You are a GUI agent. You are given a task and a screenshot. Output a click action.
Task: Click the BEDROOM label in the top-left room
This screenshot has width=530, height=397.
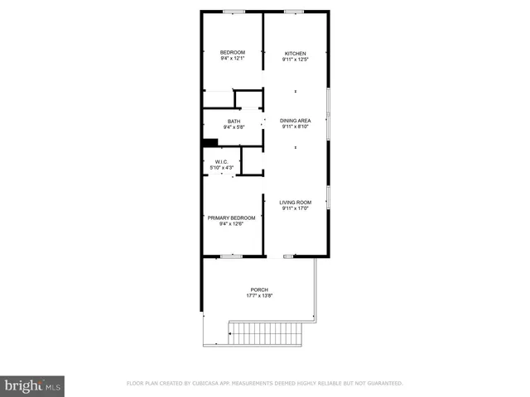(233, 53)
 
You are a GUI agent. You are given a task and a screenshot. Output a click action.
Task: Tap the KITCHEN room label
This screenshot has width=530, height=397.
(296, 53)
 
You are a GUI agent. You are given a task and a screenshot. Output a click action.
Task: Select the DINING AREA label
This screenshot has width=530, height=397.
(295, 121)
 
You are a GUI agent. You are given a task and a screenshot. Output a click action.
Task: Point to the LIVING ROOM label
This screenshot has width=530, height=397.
(295, 203)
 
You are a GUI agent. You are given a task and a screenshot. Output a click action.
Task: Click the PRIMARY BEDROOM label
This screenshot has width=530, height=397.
(232, 218)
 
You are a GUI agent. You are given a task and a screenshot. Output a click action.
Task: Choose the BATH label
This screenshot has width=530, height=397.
(234, 122)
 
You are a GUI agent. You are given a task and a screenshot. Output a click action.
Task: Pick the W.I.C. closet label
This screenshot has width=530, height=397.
(222, 161)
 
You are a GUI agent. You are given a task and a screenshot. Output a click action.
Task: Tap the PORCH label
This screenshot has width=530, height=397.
(259, 289)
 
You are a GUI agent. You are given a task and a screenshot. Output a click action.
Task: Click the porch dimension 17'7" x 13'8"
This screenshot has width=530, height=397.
(259, 296)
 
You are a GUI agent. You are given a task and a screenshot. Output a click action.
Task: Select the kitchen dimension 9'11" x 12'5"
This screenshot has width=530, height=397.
(295, 60)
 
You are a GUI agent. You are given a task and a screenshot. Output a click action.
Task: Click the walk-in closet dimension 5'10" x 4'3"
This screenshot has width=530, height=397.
(222, 168)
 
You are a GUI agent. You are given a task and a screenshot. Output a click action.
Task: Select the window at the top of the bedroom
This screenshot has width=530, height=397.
(233, 12)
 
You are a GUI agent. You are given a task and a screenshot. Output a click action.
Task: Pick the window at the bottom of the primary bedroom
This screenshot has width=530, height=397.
(231, 256)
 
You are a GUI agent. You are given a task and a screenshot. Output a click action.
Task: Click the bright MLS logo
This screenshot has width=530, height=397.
(33, 385)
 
